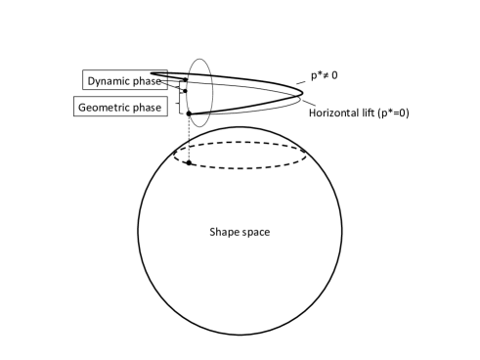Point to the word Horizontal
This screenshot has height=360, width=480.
[x=336, y=113]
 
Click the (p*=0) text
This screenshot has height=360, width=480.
[x=397, y=113]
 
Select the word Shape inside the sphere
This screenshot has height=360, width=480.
[x=223, y=232]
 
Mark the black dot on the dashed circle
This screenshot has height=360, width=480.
[x=189, y=162]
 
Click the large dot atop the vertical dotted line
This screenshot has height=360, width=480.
[x=189, y=114]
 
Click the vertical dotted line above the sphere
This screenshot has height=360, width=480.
[x=189, y=138]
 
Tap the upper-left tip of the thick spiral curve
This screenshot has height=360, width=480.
[x=153, y=46]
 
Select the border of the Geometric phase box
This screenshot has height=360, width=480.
[x=74, y=106]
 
